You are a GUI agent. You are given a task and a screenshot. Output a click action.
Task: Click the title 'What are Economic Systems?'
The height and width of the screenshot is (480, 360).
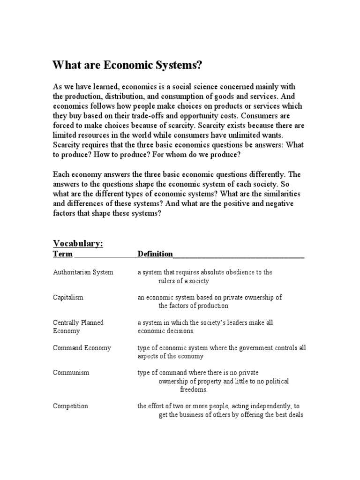(128, 66)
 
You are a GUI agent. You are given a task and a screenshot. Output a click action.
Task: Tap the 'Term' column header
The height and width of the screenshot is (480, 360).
(63, 254)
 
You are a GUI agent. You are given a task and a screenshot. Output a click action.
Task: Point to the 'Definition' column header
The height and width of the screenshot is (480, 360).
(155, 254)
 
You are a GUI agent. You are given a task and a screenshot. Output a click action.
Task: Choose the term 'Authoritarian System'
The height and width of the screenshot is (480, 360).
(83, 272)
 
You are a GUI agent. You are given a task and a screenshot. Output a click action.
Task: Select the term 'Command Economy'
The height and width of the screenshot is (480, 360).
(82, 348)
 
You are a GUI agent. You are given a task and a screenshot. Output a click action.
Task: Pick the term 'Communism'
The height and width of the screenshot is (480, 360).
(71, 373)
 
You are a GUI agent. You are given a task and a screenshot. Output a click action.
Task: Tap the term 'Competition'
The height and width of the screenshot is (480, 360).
(70, 406)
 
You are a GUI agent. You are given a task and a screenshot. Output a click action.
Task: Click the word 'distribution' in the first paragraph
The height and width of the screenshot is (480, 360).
(122, 97)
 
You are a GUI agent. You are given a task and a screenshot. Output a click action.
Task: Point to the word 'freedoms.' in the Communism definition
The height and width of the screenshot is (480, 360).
(194, 390)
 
